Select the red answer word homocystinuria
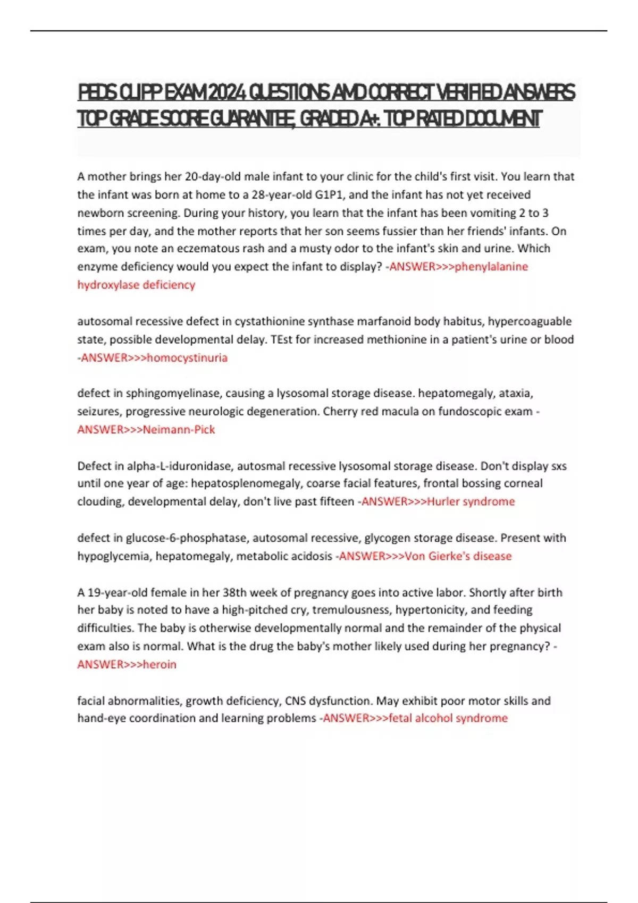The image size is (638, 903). coord(187,357)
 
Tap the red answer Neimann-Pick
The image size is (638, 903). coord(179,429)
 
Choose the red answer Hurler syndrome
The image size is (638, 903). coord(471,501)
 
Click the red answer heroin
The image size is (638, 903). coord(159,664)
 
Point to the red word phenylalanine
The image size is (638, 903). coord(491,267)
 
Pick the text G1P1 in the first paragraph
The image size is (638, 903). coord(330,194)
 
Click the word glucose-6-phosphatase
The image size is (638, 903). coord(187,538)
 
